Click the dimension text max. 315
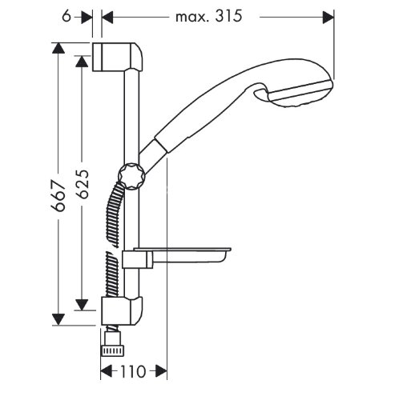coord(208,17)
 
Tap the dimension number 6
coord(67,17)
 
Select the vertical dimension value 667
coord(58,196)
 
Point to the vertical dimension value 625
coord(82,184)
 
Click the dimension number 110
coord(133,371)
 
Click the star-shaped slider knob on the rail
coord(131,176)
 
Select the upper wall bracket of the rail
coord(118,57)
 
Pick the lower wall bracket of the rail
coord(122,310)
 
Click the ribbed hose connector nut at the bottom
coord(113,350)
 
